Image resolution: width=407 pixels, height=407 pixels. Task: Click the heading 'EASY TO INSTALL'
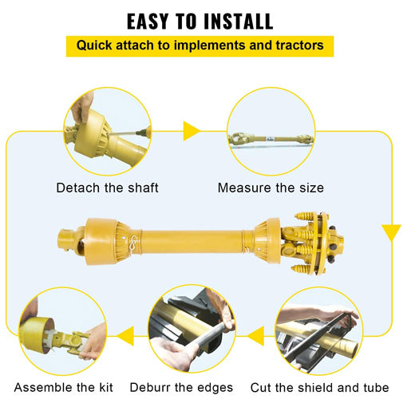click(200, 20)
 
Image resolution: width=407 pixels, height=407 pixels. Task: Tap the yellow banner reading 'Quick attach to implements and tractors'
click(200, 45)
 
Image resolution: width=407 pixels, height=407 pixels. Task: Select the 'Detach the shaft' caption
click(107, 188)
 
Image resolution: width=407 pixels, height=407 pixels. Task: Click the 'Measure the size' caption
click(271, 188)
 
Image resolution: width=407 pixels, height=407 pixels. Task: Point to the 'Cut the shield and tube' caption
click(319, 388)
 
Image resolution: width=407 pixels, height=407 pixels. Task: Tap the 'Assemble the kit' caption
click(63, 388)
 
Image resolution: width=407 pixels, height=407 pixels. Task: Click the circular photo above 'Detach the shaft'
click(107, 131)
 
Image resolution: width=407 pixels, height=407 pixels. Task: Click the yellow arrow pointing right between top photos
click(191, 131)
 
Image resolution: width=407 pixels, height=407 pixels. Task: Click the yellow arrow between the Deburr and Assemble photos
click(124, 338)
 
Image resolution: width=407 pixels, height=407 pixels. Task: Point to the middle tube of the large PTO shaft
click(192, 237)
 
